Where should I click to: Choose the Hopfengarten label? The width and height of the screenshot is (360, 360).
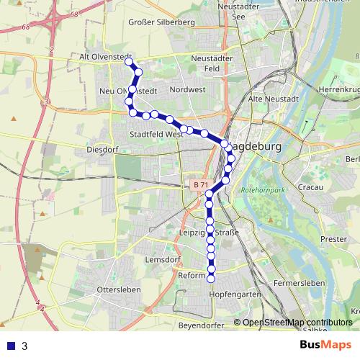click(x=234, y=295)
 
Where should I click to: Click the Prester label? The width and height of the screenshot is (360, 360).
click(x=333, y=238)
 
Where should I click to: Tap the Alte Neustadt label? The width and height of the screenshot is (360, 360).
click(x=272, y=98)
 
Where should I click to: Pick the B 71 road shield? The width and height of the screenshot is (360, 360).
click(x=201, y=185)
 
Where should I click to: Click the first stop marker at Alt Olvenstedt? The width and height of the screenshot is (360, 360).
click(x=130, y=62)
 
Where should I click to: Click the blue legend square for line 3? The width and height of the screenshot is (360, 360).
click(x=9, y=346)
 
